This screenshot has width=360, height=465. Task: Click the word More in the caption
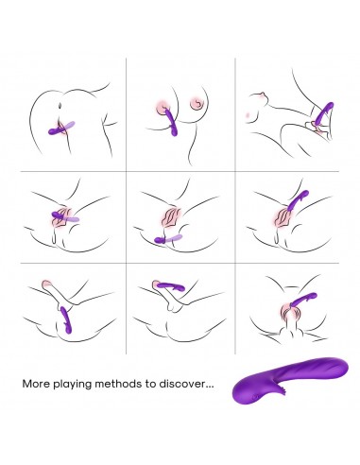36,384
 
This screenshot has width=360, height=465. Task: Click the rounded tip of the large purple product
343,365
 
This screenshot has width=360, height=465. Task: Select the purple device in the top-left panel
61,129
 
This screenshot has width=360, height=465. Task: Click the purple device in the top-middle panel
171,122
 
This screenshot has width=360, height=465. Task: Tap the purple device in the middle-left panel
65,217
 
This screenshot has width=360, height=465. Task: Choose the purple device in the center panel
168,239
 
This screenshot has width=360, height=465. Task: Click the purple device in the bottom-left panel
67,319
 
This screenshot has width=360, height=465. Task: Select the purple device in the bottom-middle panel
170,286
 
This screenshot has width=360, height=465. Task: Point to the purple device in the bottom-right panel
303,300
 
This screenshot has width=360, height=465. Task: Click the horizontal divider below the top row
180,172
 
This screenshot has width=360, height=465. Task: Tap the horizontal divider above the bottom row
180,263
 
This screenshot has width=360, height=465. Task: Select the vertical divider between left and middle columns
126,206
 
